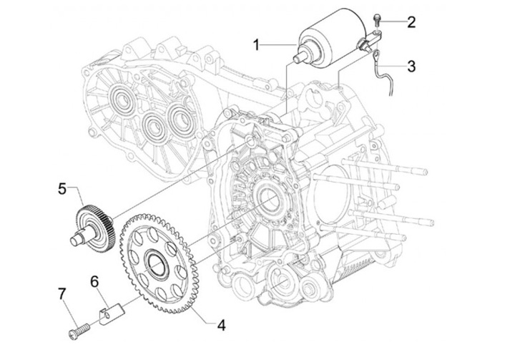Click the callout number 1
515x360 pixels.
(x=257, y=45)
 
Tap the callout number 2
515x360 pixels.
(x=411, y=22)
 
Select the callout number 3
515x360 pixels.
(x=411, y=66)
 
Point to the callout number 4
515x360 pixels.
(x=222, y=325)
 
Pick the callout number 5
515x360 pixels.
(x=62, y=189)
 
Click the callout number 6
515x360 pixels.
(x=94, y=282)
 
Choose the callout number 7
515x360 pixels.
(x=62, y=294)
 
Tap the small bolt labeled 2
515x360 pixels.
(x=377, y=19)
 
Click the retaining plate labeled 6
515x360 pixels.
(x=111, y=313)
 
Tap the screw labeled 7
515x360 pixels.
(x=79, y=331)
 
